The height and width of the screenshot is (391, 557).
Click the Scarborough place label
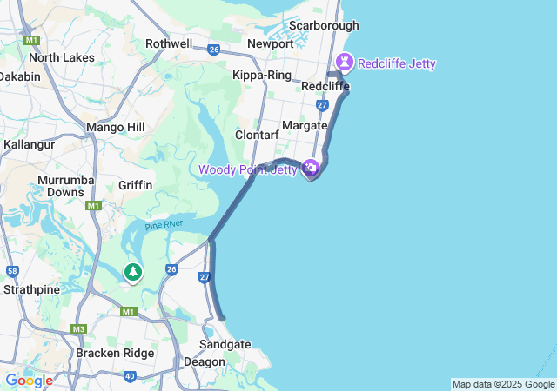(324, 25)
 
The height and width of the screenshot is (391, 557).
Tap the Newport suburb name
(271, 43)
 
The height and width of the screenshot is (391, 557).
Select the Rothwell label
(169, 43)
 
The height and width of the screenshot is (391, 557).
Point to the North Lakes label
(62, 57)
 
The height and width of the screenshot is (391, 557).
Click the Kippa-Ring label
(262, 75)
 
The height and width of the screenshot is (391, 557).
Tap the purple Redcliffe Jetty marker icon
(345, 63)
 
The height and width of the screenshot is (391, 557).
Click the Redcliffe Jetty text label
(397, 63)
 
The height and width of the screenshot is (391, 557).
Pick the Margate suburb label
(305, 125)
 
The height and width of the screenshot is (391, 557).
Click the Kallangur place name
(30, 143)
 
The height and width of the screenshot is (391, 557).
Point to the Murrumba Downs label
(60, 186)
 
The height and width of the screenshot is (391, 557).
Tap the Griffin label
(136, 185)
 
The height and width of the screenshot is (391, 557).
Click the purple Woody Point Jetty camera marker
(311, 168)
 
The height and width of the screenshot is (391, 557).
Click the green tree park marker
(132, 272)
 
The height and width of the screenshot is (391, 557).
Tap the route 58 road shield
(12, 271)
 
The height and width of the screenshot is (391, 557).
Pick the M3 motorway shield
(79, 328)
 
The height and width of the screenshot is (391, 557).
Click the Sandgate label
(225, 344)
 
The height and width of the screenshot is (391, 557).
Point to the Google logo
(29, 381)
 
